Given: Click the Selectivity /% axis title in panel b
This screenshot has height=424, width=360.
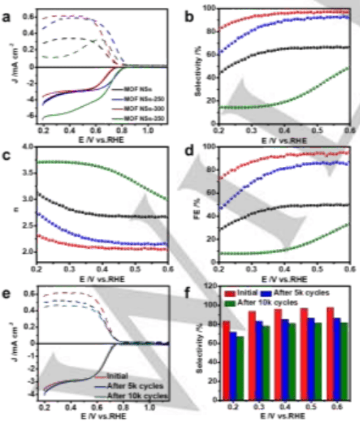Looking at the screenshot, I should tap(197, 65).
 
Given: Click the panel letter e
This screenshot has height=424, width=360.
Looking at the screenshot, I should tap(7, 294).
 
